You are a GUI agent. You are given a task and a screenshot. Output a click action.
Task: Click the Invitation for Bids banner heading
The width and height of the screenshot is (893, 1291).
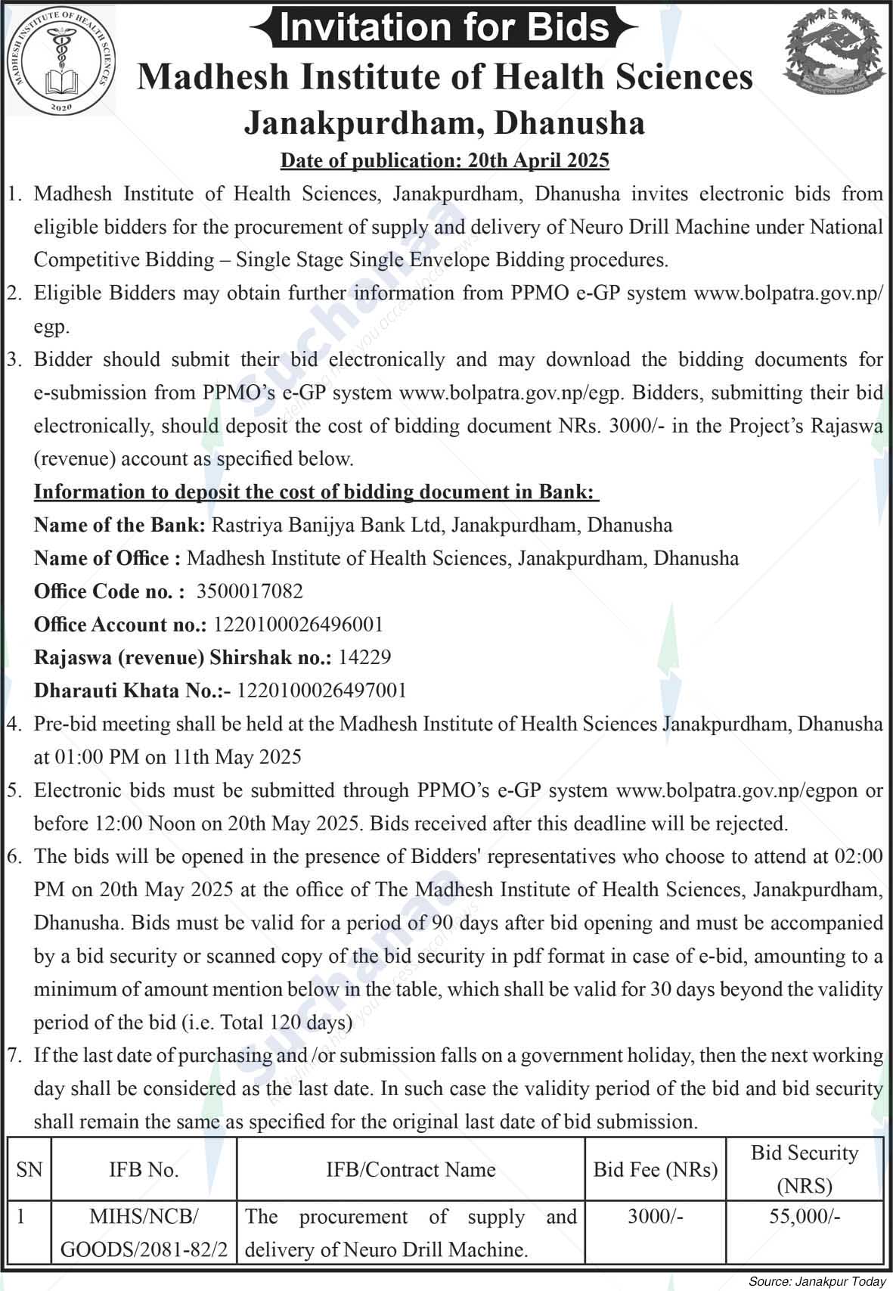click(x=445, y=27)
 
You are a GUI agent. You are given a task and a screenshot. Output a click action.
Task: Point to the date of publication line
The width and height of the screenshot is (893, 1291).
click(x=445, y=160)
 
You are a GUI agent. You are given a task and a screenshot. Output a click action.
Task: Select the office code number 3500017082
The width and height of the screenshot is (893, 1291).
click(x=250, y=591)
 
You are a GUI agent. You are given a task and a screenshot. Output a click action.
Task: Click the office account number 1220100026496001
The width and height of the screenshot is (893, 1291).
click(x=299, y=625)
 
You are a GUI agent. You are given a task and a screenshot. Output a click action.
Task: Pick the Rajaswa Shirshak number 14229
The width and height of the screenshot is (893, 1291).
click(x=364, y=657)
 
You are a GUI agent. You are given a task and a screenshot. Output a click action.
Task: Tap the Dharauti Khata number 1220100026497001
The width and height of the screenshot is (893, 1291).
click(x=322, y=690)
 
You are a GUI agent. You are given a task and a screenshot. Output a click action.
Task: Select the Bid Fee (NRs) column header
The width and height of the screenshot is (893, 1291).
click(x=655, y=1169)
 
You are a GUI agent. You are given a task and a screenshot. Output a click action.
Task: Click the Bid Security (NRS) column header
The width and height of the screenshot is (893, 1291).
click(x=805, y=1169)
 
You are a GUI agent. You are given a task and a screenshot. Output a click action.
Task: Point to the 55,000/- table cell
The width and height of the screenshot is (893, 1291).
click(x=805, y=1217)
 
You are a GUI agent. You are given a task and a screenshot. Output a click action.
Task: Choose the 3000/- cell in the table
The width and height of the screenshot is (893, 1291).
click(x=655, y=1217)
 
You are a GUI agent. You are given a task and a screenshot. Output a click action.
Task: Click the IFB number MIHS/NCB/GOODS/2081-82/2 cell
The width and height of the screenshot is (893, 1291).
click(x=144, y=1234)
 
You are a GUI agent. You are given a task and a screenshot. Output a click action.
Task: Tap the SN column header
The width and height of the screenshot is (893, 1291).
click(x=29, y=1169)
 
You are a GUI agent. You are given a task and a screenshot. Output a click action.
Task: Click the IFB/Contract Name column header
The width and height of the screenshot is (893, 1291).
click(x=411, y=1169)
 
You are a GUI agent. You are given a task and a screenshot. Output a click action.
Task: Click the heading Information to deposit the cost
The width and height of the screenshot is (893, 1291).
click(x=316, y=492)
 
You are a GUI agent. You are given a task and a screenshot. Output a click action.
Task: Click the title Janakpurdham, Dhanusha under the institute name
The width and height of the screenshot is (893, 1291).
click(x=445, y=123)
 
